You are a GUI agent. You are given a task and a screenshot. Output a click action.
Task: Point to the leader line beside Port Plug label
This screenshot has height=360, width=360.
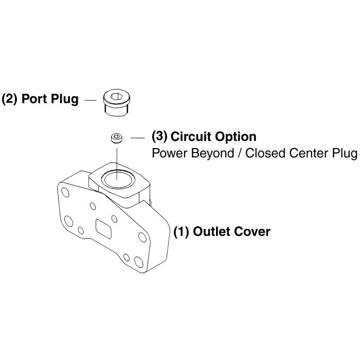point(91,100)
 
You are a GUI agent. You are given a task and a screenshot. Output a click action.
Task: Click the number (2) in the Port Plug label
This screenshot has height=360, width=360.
point(10,99)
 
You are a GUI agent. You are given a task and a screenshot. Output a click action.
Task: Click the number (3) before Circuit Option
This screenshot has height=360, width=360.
point(159,137)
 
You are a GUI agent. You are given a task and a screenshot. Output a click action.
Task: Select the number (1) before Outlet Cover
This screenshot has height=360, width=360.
point(181,231)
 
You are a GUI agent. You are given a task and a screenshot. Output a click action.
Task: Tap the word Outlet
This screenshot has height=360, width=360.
point(211,231)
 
